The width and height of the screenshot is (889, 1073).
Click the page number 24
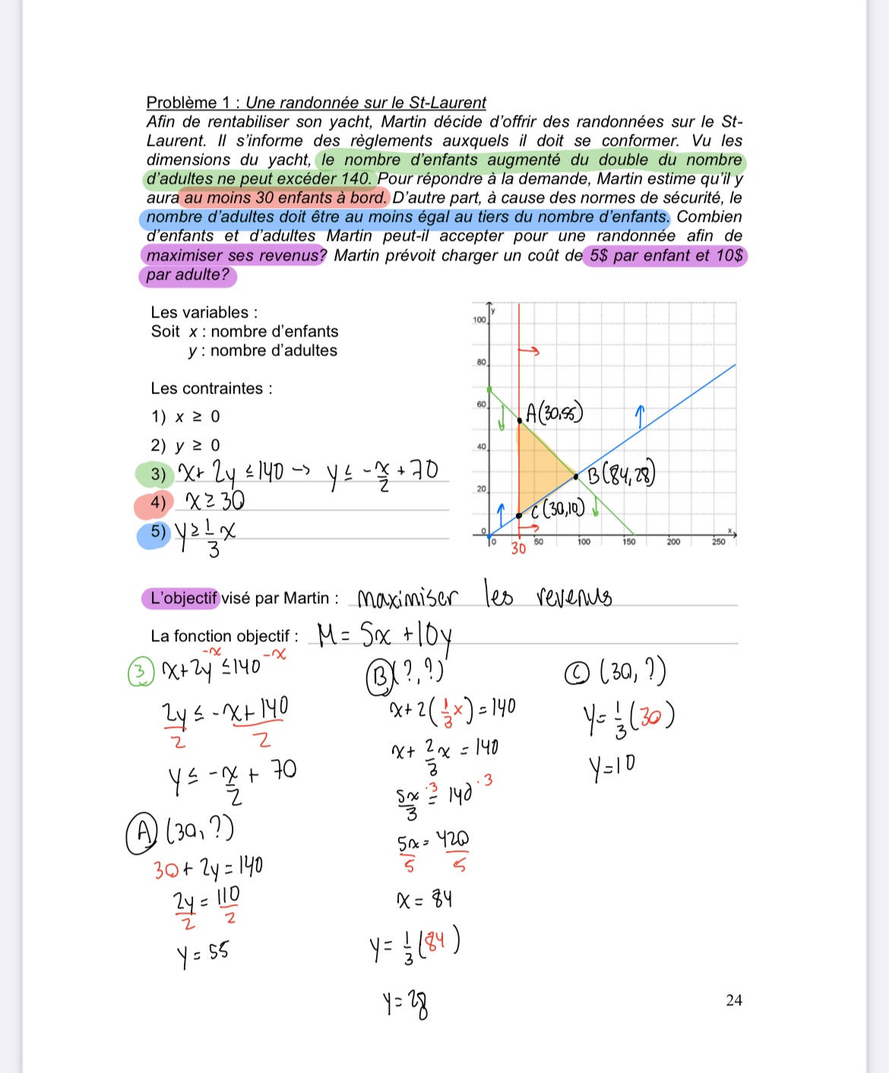pos(733,1000)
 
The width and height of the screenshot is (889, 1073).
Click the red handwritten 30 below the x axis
pos(518,548)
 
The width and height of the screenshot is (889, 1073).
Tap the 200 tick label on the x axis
pos(673,542)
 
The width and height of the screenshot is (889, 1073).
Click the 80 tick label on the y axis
pos(481,362)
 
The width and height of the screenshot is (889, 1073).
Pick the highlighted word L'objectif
pos(182,598)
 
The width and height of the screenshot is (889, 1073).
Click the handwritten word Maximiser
pos(407,598)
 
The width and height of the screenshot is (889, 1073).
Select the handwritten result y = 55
pos(203,954)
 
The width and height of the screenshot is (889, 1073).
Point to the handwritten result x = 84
pos(424,900)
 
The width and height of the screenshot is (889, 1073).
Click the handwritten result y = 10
pos(611,767)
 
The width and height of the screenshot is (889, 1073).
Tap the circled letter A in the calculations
pos(141,832)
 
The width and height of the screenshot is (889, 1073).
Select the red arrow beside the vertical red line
pos(529,351)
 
